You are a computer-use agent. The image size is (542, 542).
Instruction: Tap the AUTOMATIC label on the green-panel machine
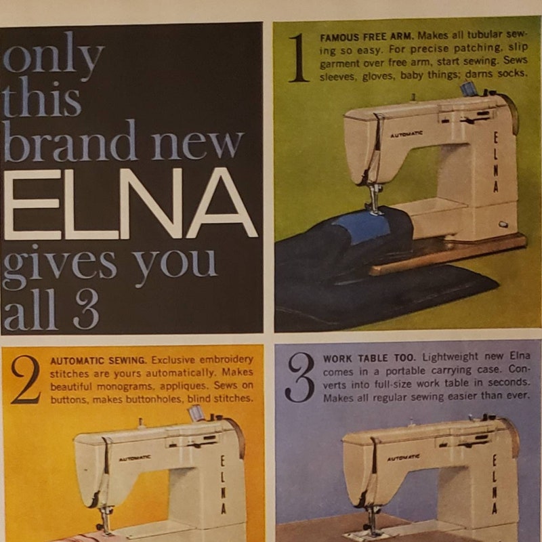point(406,134)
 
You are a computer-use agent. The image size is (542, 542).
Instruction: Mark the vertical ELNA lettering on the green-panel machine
point(495,163)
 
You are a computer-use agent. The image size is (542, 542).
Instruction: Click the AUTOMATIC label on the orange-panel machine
point(135,459)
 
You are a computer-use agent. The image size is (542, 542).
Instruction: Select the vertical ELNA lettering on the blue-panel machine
point(494,484)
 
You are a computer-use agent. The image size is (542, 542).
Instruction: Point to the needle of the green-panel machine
point(373,203)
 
